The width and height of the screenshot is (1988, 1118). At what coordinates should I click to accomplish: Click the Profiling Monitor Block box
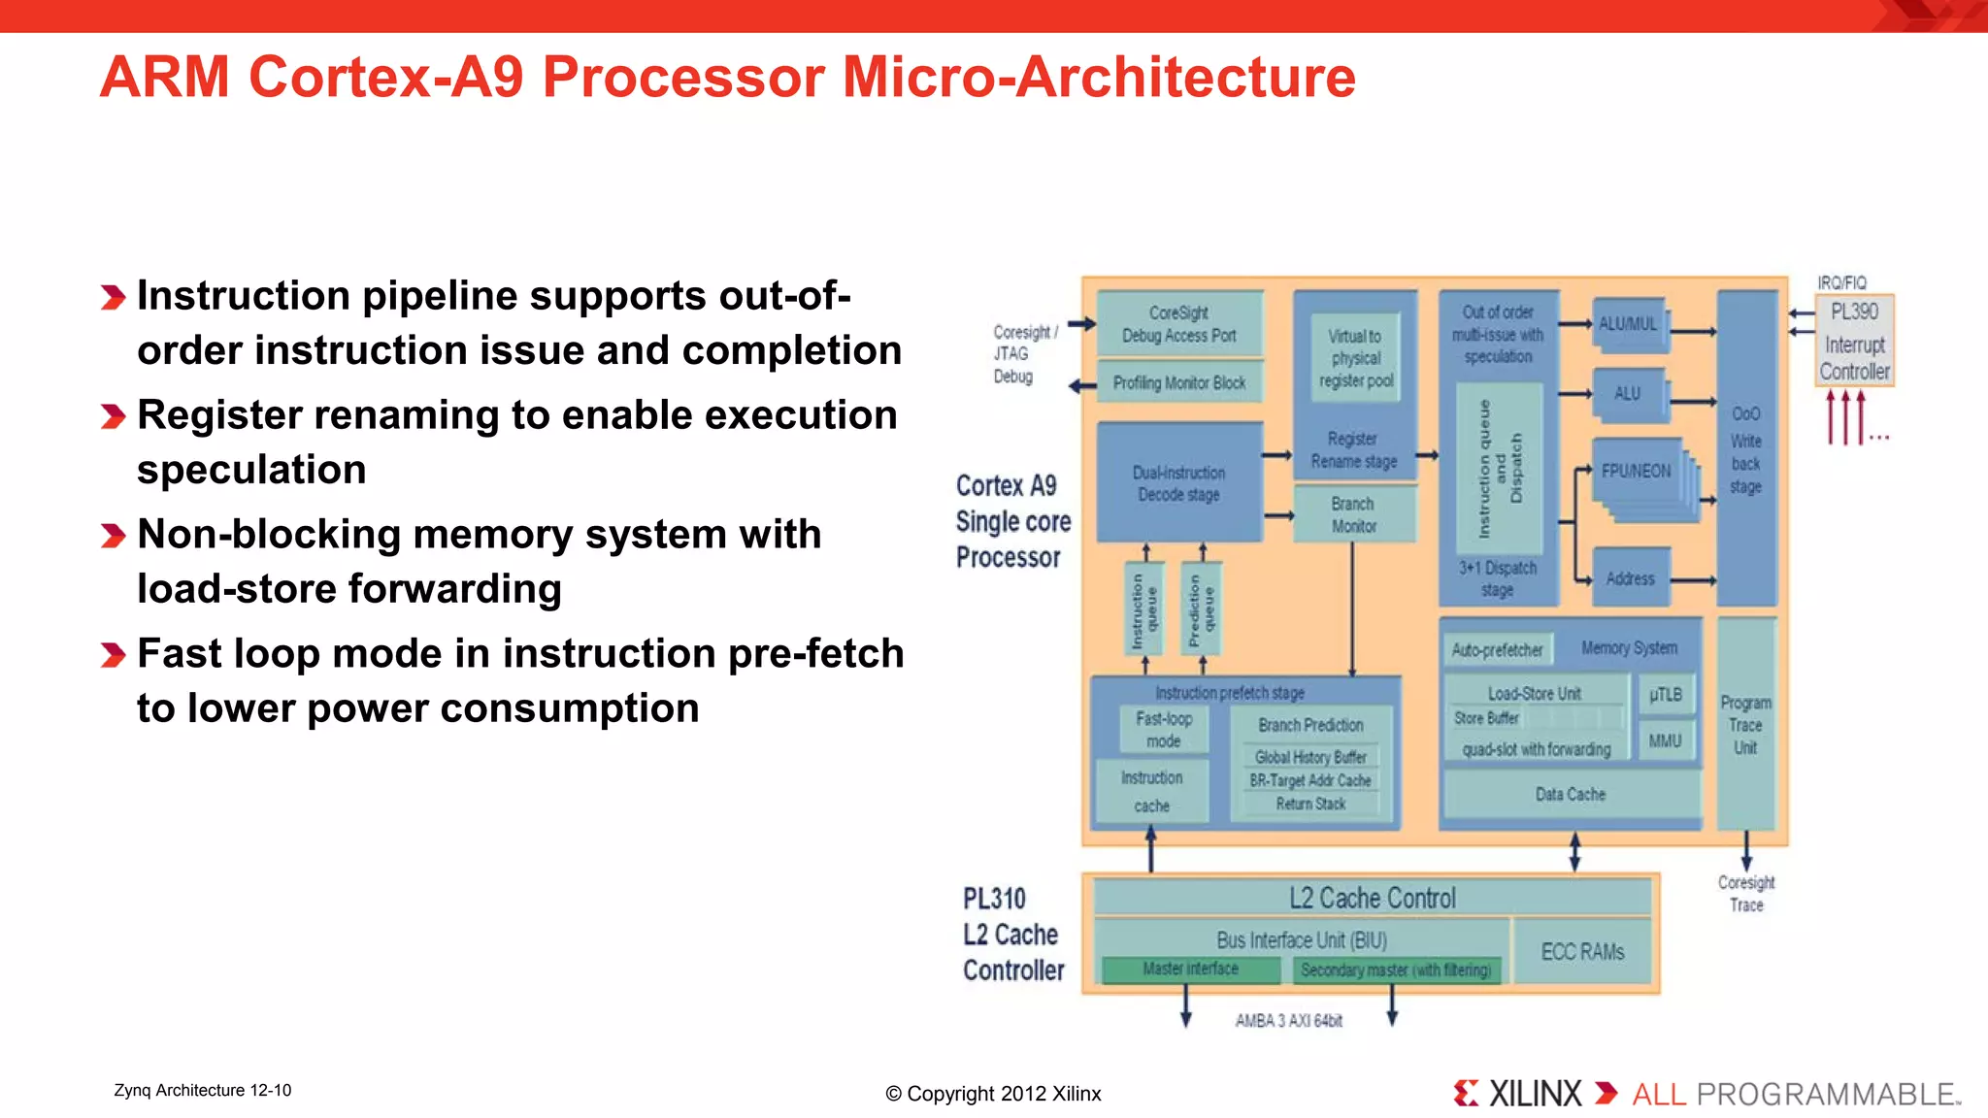[x=1178, y=382]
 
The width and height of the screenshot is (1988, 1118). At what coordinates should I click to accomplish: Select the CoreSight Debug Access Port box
[x=1178, y=324]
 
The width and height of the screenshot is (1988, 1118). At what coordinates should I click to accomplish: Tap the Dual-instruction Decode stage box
[x=1178, y=482]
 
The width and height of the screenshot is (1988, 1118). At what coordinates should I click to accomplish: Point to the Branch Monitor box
[x=1353, y=514]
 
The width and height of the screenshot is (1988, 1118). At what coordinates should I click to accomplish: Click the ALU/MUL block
[x=1628, y=324]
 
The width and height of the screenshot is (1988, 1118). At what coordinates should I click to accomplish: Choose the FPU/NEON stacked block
[x=1637, y=472]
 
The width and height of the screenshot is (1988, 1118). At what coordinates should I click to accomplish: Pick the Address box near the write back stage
[x=1630, y=578]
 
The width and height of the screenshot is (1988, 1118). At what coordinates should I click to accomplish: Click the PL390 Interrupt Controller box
[x=1854, y=341]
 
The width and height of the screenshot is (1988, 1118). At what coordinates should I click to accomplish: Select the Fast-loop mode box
[x=1163, y=730]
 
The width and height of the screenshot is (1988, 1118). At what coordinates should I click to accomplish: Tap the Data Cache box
[x=1570, y=795]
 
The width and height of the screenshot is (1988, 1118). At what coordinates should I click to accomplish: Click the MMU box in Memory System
[x=1665, y=741]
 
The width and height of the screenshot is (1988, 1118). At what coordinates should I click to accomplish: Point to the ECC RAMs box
[x=1582, y=952]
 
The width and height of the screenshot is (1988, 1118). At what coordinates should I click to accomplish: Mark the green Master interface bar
[x=1190, y=969]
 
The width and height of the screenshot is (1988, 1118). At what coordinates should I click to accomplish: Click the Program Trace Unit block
[x=1745, y=724]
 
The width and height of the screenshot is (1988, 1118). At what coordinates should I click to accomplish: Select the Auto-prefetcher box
[x=1497, y=649]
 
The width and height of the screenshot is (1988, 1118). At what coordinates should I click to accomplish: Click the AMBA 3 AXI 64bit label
[x=1288, y=1021]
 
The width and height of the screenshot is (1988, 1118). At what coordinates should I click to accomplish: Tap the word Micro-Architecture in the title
[x=1098, y=78]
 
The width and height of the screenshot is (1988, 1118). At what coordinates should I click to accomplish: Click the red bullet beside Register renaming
[x=113, y=417]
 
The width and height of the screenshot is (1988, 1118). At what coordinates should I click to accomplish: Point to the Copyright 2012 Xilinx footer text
[x=993, y=1094]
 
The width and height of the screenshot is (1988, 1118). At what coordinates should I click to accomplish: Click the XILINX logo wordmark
[x=1534, y=1094]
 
